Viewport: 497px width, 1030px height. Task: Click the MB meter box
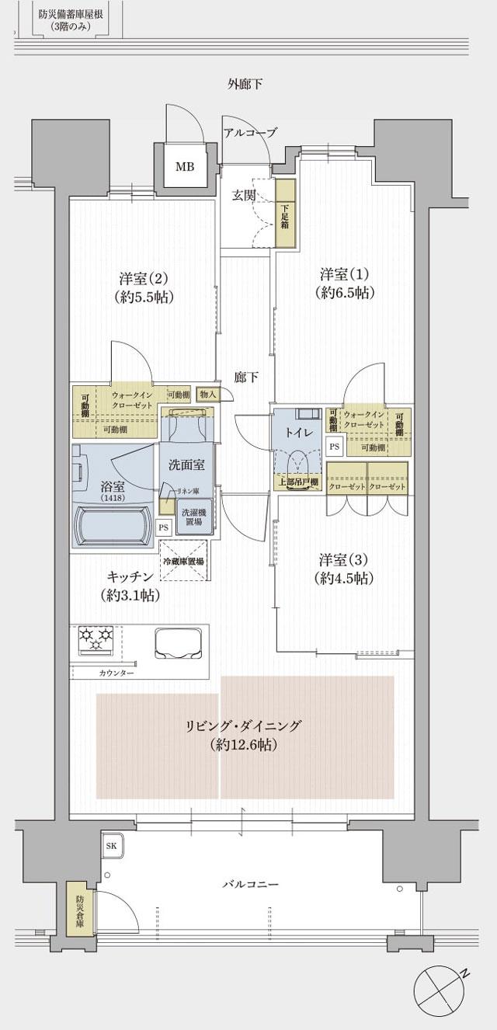[184, 166]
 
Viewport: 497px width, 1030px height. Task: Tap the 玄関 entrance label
[243, 196]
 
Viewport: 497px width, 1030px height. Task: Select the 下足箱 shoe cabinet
[285, 214]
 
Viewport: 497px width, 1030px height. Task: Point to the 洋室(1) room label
[345, 284]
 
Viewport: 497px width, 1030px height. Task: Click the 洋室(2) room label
[144, 287]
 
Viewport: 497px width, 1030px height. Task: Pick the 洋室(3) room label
[345, 569]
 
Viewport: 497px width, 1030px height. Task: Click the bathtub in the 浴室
[113, 527]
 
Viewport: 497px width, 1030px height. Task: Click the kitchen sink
[179, 642]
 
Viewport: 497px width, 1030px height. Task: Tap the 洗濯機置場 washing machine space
[192, 517]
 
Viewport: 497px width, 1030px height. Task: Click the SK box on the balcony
[110, 845]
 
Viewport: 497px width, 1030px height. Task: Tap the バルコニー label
[250, 884]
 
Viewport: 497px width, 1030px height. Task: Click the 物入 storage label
[208, 394]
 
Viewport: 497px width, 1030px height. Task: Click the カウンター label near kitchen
[116, 673]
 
